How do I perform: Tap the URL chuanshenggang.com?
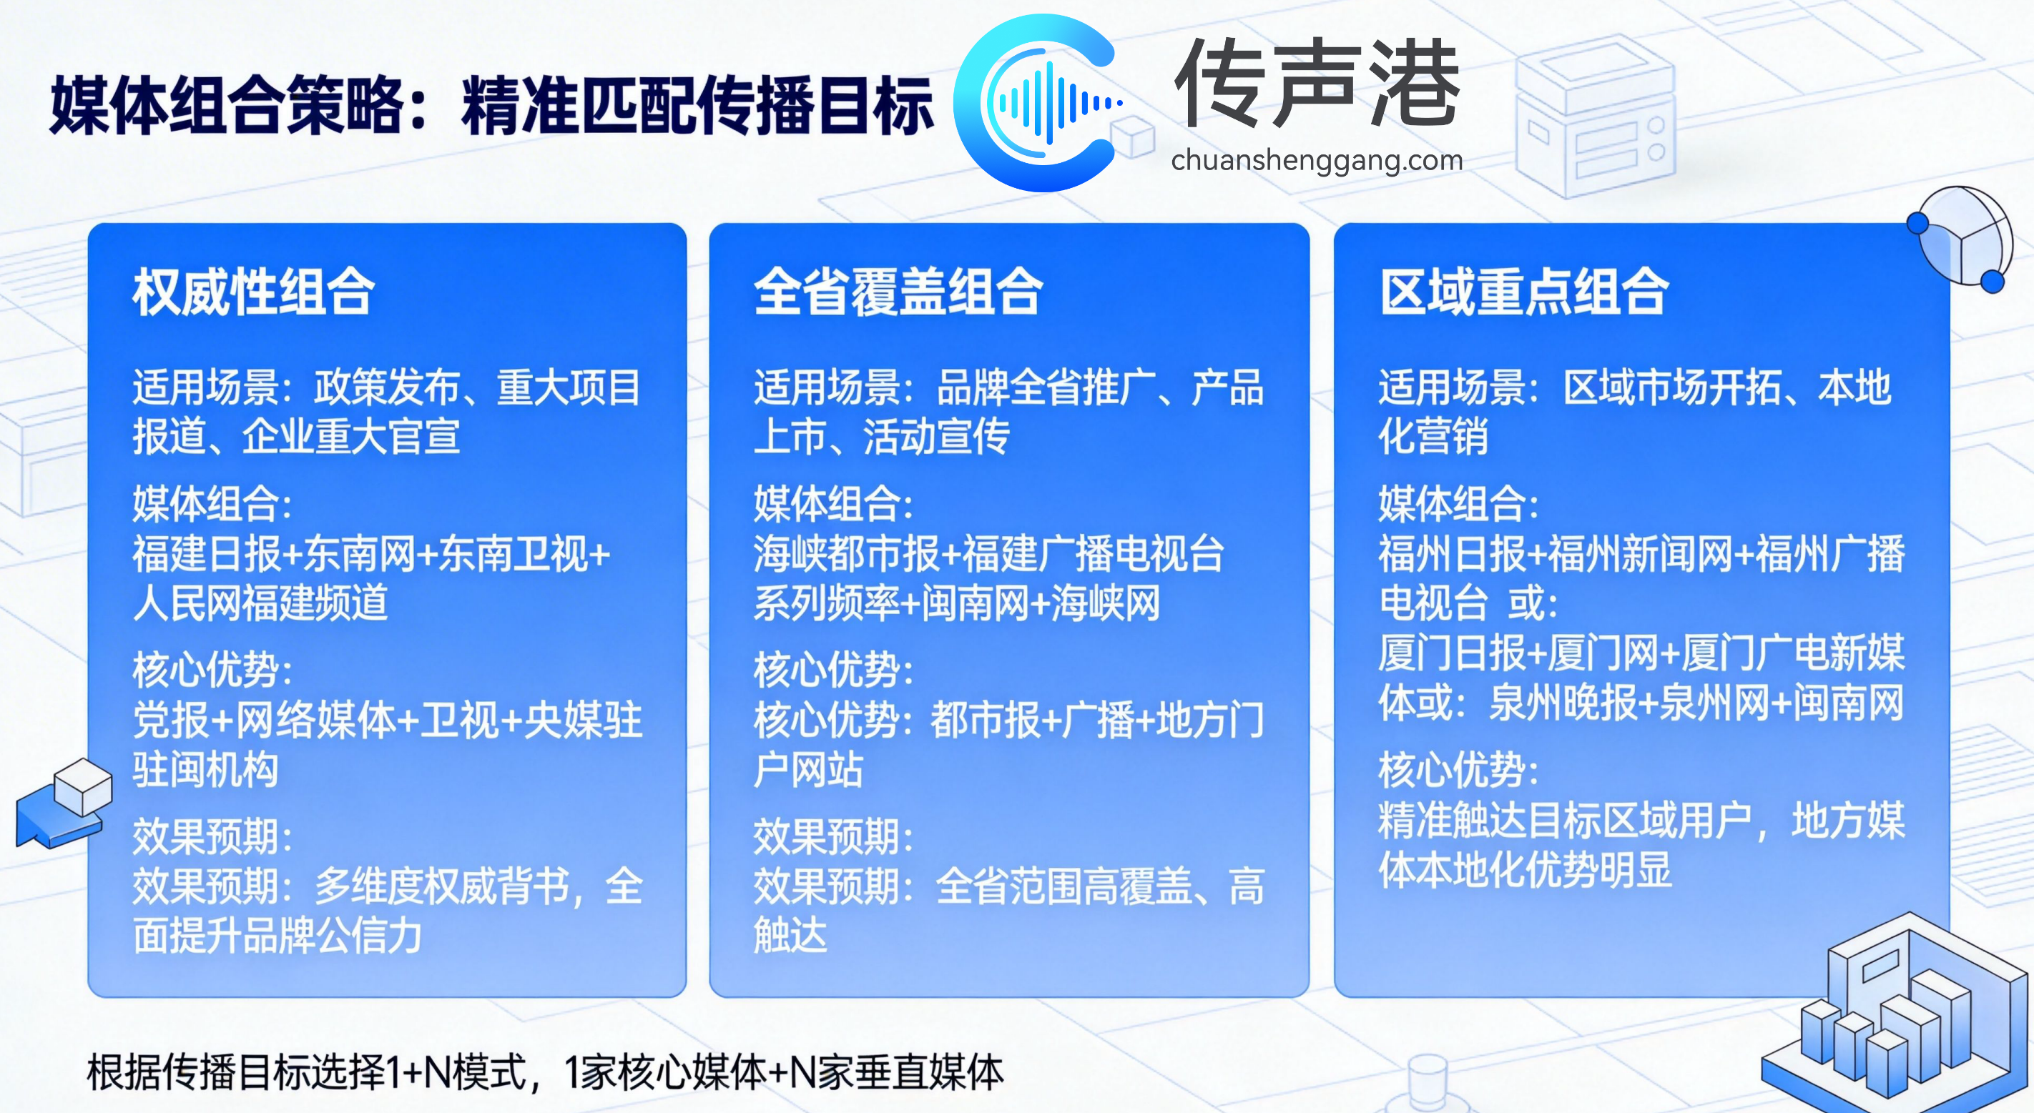coord(1316,160)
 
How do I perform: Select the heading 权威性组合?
coord(253,292)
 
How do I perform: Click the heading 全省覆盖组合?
coord(898,292)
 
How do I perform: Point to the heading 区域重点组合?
coord(1524,292)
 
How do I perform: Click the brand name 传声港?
coord(1317,84)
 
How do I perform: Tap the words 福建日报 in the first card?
coord(206,553)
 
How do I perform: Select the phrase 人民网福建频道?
coord(260,603)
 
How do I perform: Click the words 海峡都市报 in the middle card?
coord(845,553)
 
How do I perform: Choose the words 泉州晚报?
coord(1563,703)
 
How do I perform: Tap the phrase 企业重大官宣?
coord(350,437)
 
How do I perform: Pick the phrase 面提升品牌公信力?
coord(277,936)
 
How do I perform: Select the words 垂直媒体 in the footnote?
coord(928,1073)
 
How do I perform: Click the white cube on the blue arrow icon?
coord(83,785)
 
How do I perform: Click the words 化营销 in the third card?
coord(1433,437)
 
